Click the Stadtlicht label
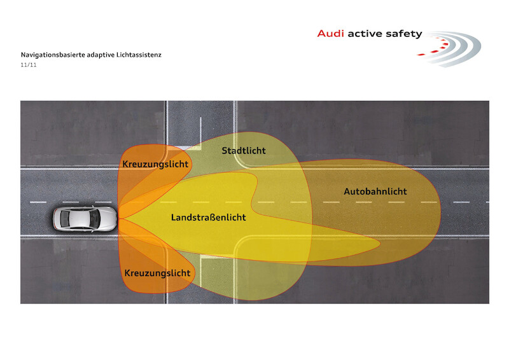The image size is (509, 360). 244,151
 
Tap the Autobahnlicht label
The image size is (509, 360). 375,191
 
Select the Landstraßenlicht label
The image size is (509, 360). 209,217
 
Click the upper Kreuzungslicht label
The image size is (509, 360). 155,164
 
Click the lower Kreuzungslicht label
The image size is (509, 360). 157,273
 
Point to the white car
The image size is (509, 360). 85,219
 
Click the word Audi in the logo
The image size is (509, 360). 330,34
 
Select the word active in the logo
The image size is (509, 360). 365,34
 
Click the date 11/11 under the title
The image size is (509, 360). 29,65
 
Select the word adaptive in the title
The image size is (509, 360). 101,55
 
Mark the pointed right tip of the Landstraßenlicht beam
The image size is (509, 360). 380,242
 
